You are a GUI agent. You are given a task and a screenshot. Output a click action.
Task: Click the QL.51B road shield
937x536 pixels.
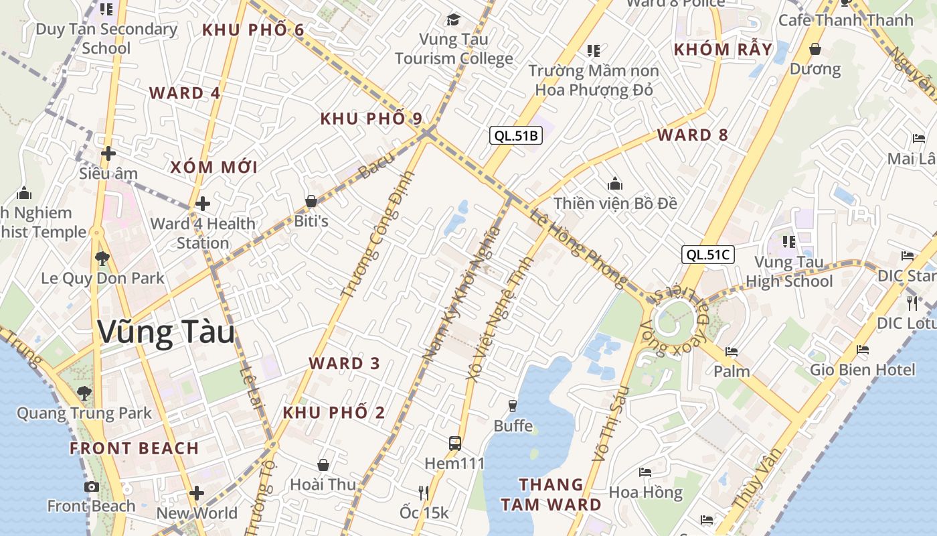coord(515,136)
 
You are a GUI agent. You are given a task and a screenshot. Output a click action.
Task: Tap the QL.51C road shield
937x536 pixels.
coord(708,255)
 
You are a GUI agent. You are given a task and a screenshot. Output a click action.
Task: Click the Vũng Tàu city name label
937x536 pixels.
coord(167,332)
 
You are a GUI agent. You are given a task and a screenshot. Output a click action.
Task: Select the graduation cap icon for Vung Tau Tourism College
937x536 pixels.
coord(454,19)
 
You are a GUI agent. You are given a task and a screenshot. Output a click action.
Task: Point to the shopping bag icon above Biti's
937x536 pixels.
coord(311,201)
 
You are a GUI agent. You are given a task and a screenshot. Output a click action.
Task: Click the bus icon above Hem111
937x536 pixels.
coord(455,443)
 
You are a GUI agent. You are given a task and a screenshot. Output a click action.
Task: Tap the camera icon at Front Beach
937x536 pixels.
coord(92,486)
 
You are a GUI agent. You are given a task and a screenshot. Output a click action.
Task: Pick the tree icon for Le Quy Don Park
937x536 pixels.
coord(102,258)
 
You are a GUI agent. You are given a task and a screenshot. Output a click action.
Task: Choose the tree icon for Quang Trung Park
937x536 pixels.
coord(84,393)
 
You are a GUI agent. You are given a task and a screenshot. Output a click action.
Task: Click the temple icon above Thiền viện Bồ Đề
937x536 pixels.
coord(615,184)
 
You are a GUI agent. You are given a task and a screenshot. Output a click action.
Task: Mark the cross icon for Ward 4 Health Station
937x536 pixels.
coord(203,204)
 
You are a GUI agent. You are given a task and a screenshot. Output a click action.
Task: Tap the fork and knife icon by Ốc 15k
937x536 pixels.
coord(423,493)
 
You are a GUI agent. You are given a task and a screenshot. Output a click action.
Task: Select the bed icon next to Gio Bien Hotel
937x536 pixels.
coord(863,350)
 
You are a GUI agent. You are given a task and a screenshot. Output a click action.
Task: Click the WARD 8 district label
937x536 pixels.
coord(692,135)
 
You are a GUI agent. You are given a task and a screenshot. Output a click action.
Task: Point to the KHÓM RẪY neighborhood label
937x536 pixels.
coord(723,49)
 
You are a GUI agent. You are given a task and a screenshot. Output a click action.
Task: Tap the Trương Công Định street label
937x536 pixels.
coord(377,235)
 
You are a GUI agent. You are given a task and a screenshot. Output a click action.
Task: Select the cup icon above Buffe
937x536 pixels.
coord(513,405)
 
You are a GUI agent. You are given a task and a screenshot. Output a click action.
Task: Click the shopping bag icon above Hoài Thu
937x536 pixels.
coord(323,465)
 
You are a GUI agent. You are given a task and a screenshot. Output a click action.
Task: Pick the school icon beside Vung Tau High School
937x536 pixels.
coord(789,241)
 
